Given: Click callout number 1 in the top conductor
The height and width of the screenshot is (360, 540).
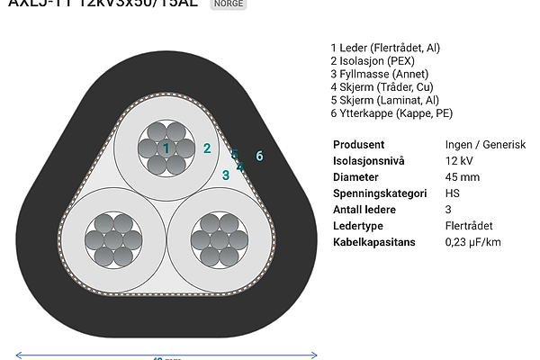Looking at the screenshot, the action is [166, 148].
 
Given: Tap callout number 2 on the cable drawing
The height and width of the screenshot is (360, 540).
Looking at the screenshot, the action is [207, 148].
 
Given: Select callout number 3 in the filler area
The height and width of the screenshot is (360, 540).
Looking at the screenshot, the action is [226, 175].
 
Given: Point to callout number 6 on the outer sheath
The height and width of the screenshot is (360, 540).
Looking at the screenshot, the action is [259, 157].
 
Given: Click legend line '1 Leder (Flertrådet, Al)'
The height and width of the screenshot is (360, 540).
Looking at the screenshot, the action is [385, 48].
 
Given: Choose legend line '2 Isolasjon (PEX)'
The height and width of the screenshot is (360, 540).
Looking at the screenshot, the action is [371, 61].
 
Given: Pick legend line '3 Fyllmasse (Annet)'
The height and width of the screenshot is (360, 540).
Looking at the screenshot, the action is [379, 74].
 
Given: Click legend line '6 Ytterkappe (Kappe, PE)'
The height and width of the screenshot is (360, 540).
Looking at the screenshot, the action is [391, 113].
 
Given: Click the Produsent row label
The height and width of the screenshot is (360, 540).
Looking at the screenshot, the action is [359, 145].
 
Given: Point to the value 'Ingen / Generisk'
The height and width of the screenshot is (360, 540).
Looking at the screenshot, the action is [485, 145].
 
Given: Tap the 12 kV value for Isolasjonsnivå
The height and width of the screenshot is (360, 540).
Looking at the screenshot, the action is [459, 161].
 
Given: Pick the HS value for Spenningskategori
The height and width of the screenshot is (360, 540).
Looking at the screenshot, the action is [453, 193].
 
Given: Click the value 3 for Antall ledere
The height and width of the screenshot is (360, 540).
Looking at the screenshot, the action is [448, 210].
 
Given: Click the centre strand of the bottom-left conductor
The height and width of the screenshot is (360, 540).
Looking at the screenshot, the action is [112, 239].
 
